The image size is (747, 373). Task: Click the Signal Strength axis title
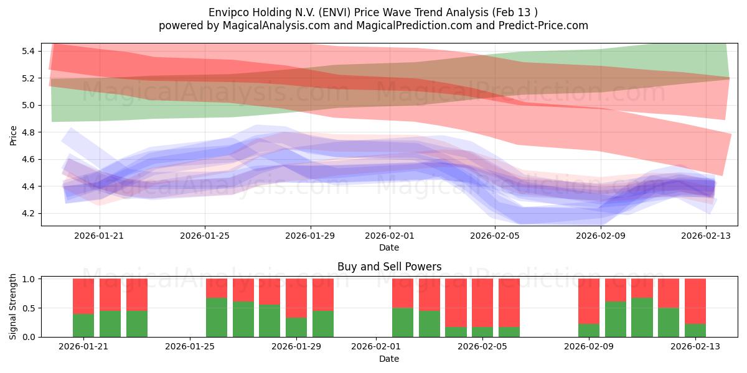coord(14,307)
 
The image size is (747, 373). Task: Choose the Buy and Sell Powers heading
coord(389,267)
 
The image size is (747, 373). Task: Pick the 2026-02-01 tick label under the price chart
coord(390,236)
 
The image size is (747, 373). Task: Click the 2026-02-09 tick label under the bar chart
coord(589,347)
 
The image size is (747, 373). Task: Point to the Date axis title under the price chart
coord(389,248)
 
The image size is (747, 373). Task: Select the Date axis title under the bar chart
coord(389,359)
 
